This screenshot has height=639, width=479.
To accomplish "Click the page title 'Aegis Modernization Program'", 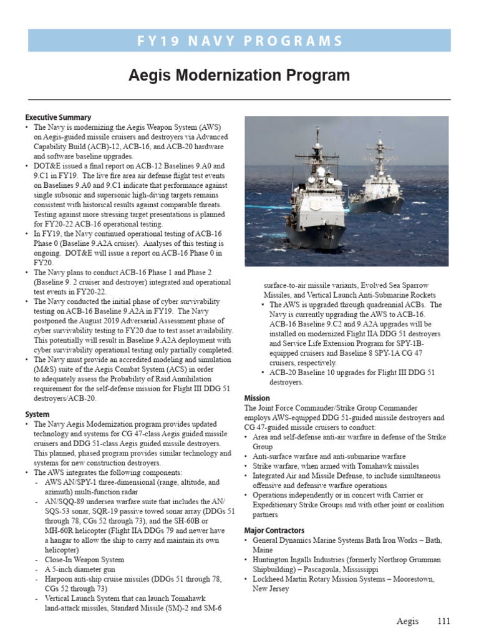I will (239, 76).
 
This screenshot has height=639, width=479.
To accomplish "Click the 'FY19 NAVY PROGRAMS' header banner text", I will (239, 41).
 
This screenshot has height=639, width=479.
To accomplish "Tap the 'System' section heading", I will (37, 414).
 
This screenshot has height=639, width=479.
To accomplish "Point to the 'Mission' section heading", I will (257, 398).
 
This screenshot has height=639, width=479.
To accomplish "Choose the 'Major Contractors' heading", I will (274, 530).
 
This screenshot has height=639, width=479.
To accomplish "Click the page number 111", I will (443, 621).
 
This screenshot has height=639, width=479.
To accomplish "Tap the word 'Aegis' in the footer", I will (409, 621).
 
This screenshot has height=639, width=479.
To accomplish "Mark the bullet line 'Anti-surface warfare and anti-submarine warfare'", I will (329, 457).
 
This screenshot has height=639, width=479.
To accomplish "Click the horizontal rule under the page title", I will (239, 99).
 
